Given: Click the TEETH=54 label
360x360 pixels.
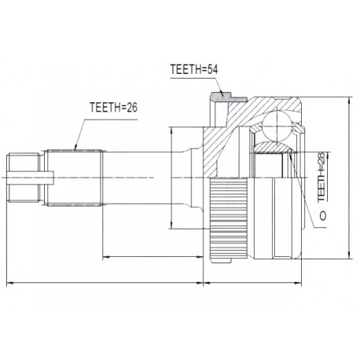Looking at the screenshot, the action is (194, 69).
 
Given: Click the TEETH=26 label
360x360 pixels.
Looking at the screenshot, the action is (113, 107).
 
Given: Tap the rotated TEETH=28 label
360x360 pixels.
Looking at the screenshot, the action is (321, 177).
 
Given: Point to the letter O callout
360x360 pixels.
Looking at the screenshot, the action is (323, 215).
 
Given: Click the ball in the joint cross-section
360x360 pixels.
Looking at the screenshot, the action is (277, 125).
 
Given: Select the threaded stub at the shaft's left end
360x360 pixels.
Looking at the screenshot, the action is (24, 178).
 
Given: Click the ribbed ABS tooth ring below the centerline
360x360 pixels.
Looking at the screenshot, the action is (229, 218).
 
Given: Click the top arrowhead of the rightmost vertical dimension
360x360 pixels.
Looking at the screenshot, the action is (349, 100).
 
